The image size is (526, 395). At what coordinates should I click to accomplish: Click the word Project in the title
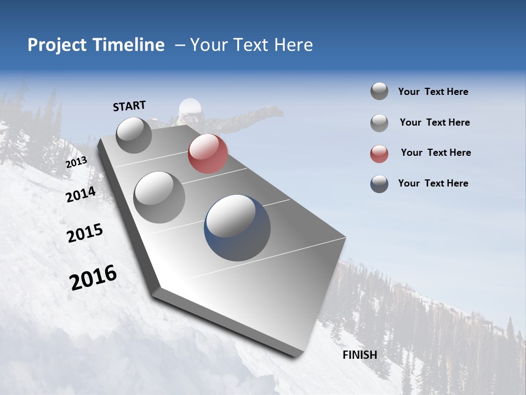[x=57, y=45]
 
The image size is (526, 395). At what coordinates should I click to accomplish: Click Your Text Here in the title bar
[x=251, y=45]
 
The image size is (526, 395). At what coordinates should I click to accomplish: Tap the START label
[x=129, y=106]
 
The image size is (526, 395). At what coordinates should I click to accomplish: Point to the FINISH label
[x=360, y=355]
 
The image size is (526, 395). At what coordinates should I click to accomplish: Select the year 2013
[x=76, y=162]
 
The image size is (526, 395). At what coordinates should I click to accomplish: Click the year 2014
[x=81, y=194]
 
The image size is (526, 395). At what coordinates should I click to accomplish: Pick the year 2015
[x=85, y=233]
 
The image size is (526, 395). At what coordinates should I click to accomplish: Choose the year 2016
[x=93, y=278]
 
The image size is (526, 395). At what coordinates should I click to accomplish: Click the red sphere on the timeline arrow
[x=208, y=154]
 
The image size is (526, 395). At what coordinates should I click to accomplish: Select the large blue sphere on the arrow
[x=237, y=228]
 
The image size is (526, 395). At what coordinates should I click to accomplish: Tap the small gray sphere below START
[x=134, y=136]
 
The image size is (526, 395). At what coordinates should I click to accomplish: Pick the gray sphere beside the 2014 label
[x=159, y=198]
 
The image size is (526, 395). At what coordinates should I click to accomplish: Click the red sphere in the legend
[x=379, y=154]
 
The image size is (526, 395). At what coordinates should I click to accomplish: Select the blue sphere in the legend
[x=379, y=184]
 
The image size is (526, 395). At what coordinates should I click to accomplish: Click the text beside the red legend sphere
[x=436, y=153]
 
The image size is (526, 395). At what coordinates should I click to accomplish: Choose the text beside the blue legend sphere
[x=433, y=183]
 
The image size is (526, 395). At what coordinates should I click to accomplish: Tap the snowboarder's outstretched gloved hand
[x=274, y=112]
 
